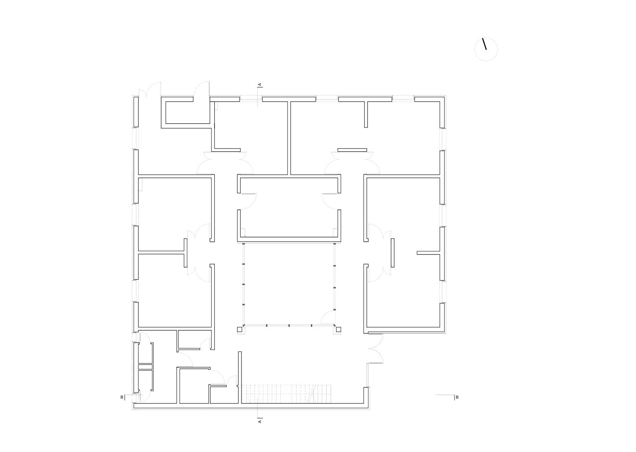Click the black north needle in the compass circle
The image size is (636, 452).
point(484,44)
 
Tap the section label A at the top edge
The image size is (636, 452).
point(260,84)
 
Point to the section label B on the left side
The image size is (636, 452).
point(122,397)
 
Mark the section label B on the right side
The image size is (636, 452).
point(457,397)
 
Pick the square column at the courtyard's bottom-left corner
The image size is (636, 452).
point(240,330)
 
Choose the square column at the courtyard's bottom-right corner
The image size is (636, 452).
point(338,330)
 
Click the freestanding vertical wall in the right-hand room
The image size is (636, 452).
point(393,253)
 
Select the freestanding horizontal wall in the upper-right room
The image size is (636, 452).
point(352,150)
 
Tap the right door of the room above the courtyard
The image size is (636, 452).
point(330,202)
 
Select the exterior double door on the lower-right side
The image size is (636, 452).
point(375,348)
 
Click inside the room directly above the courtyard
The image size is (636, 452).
point(289,208)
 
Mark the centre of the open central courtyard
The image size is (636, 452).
point(289,284)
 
